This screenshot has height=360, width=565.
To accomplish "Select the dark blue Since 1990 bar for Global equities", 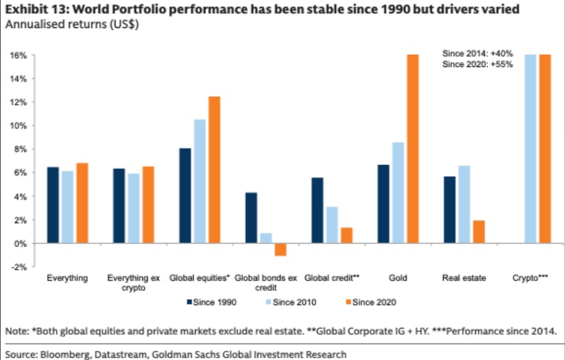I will click(x=185, y=196).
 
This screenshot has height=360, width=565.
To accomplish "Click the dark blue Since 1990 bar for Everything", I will click(x=51, y=205).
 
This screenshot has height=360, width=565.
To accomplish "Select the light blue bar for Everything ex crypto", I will click(x=132, y=209).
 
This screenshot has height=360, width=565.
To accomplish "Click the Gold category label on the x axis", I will click(x=397, y=279).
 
